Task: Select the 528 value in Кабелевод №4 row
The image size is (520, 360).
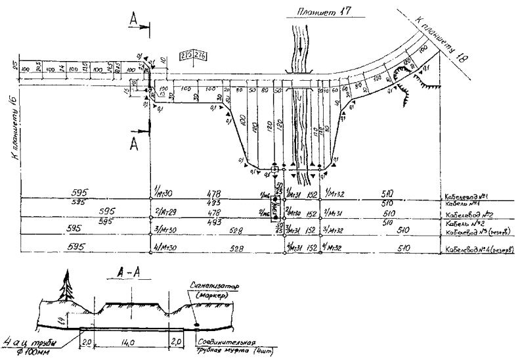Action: (x=236, y=249)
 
